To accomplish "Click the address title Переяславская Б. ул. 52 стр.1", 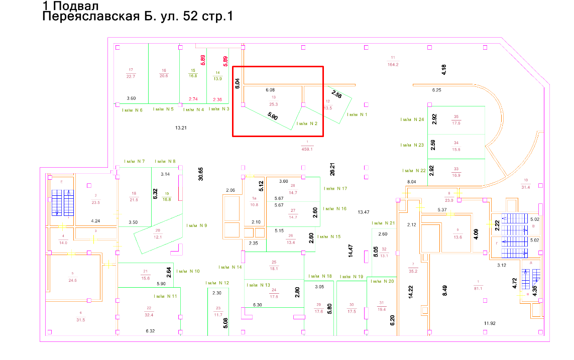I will (x=138, y=17).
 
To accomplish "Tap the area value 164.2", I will (x=393, y=64).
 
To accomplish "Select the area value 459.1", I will (x=307, y=149).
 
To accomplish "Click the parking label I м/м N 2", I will (x=307, y=124).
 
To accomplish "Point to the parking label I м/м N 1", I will (x=358, y=114).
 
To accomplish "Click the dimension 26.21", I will (x=332, y=169).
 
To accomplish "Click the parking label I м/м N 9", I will (x=196, y=225).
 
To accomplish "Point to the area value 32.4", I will (x=149, y=315).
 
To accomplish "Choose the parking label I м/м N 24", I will (x=412, y=120).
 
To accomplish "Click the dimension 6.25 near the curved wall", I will (x=436, y=90).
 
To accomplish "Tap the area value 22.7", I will (x=131, y=76).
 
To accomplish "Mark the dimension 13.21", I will (x=181, y=128).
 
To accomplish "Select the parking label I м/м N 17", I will (x=335, y=189).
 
